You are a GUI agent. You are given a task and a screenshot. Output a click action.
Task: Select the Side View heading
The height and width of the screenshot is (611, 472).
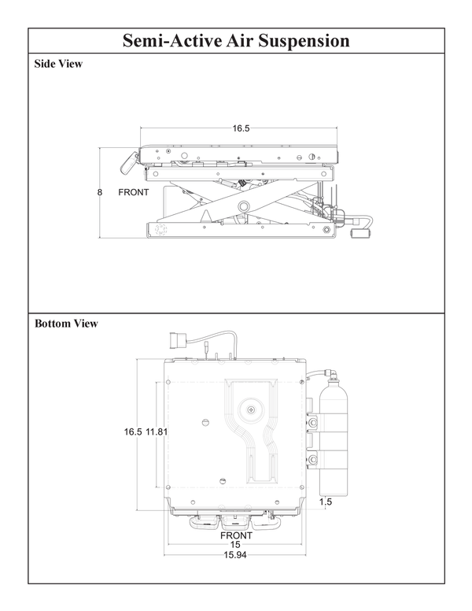58,65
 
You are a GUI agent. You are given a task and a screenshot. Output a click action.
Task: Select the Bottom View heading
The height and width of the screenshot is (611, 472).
66,324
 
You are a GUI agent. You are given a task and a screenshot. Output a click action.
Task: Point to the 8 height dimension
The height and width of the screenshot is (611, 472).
101,192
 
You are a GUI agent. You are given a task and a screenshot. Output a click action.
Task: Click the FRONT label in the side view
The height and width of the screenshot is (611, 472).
134,192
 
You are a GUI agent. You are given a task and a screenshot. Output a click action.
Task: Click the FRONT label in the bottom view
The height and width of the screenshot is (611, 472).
236,535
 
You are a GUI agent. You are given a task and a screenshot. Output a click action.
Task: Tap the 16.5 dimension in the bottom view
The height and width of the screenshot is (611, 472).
132,432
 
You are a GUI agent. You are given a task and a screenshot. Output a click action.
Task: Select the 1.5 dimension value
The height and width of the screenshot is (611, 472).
326,501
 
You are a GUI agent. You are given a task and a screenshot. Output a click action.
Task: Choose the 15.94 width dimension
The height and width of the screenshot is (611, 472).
236,555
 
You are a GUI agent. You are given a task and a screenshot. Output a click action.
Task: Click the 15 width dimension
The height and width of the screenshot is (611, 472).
235,545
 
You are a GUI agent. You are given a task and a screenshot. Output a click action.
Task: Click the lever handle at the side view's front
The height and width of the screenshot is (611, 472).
126,164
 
